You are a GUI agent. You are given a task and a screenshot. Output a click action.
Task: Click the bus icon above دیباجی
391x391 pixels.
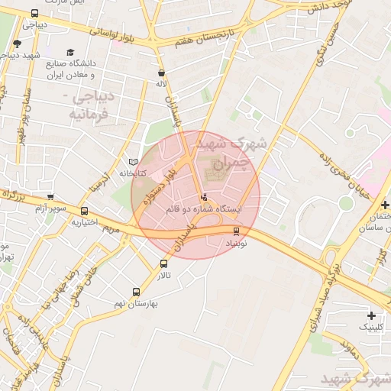tap(35, 14)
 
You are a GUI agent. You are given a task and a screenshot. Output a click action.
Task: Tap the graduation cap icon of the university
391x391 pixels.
tap(71, 53)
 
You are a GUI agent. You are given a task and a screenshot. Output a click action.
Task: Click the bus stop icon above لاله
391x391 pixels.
tap(160, 73)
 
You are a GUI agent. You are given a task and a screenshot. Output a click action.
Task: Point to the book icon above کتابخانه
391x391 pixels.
tap(134, 163)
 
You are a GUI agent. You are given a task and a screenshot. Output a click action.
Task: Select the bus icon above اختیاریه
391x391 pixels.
tap(84, 212)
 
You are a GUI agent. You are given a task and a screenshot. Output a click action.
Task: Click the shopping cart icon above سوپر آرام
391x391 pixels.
tap(50, 197)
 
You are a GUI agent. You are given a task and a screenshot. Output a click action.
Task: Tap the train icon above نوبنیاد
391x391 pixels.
tap(235, 231)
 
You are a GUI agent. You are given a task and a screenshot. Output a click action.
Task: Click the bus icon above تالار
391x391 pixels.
tap(163, 263)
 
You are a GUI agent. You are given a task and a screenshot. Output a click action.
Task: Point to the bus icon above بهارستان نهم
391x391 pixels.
tap(137, 292)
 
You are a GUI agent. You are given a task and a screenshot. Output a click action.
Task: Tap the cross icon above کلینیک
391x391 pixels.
tap(371, 315)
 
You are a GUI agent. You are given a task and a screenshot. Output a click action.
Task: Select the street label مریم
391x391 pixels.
tap(111, 228)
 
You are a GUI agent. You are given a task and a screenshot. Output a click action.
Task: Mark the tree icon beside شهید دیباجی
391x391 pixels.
tap(17, 44)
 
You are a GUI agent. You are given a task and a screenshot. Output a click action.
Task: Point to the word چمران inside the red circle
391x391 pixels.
tap(231, 163)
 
